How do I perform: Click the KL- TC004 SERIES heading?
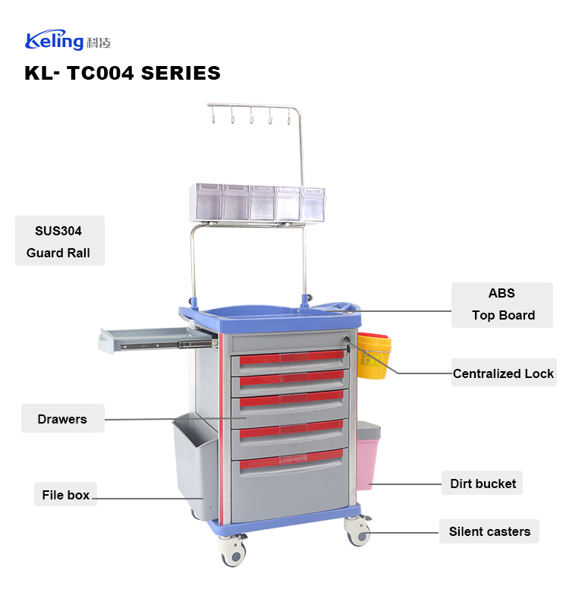(122, 74)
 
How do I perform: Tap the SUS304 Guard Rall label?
(59, 241)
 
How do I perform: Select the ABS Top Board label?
(502, 304)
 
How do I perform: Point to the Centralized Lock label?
(503, 373)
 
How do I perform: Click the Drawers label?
(62, 419)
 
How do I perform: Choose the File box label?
(66, 495)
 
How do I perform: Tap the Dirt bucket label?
(483, 484)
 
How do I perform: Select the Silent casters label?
(489, 531)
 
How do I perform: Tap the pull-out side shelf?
(148, 339)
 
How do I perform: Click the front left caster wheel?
(234, 551)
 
